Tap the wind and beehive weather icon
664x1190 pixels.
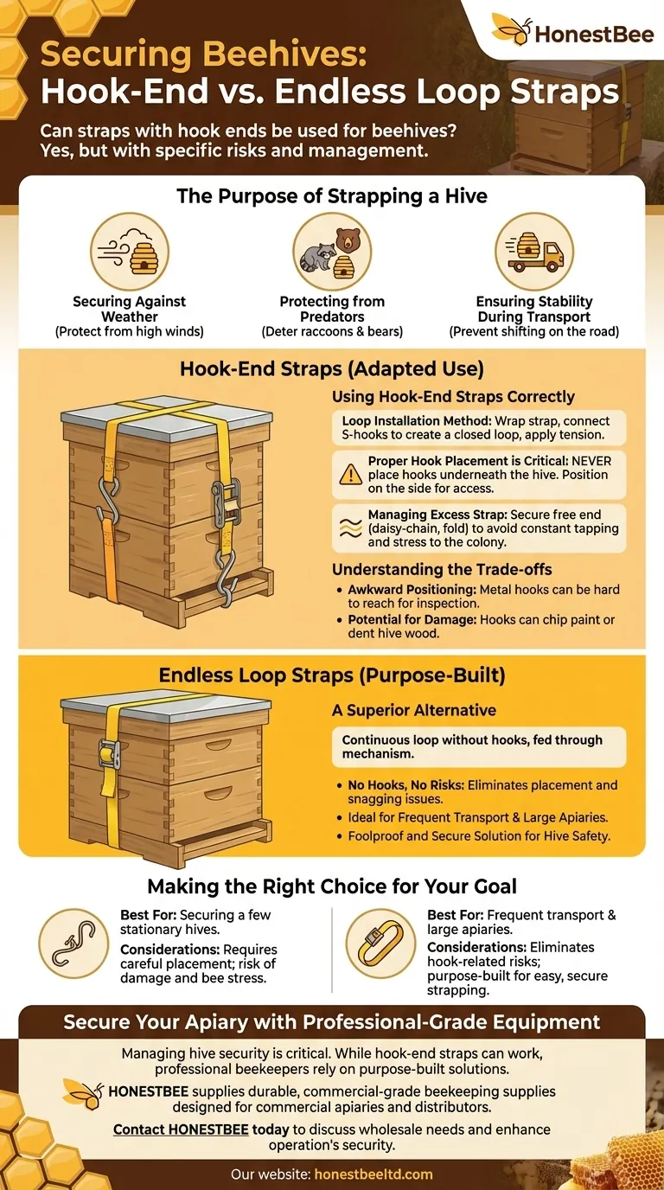point(130,252)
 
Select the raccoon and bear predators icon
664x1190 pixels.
point(332,252)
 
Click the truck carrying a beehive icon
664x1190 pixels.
point(534,252)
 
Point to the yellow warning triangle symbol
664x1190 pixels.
point(351,474)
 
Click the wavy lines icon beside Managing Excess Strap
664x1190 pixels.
point(351,528)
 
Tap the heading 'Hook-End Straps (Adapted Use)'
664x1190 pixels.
point(332,368)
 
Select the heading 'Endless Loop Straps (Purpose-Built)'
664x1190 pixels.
point(332,675)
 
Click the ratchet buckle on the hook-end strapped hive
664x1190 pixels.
point(227,502)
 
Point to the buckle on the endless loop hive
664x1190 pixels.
point(110,752)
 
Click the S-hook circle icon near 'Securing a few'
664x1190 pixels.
point(73,944)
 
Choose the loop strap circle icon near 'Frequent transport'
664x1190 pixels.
point(380,944)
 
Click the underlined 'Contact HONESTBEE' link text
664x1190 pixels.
point(181,1129)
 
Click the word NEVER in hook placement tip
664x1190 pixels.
point(591,461)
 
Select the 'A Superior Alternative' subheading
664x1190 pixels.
point(414,710)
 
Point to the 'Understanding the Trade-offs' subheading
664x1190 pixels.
point(442,570)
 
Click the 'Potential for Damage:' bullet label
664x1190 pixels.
point(412,619)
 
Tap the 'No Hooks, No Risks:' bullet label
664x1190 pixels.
point(406,785)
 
